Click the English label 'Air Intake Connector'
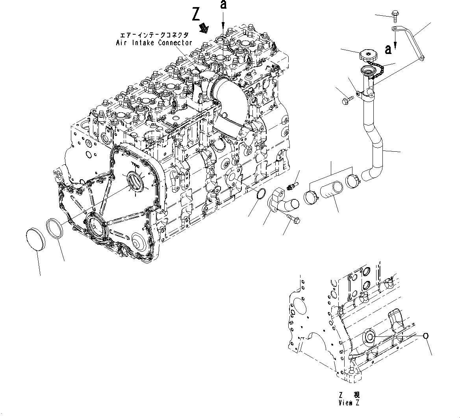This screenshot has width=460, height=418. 154,43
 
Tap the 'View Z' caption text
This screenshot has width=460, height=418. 349,402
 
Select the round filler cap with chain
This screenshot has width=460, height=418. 369,55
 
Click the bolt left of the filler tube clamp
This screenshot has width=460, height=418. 345,100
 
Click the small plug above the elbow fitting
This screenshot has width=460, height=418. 293,185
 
